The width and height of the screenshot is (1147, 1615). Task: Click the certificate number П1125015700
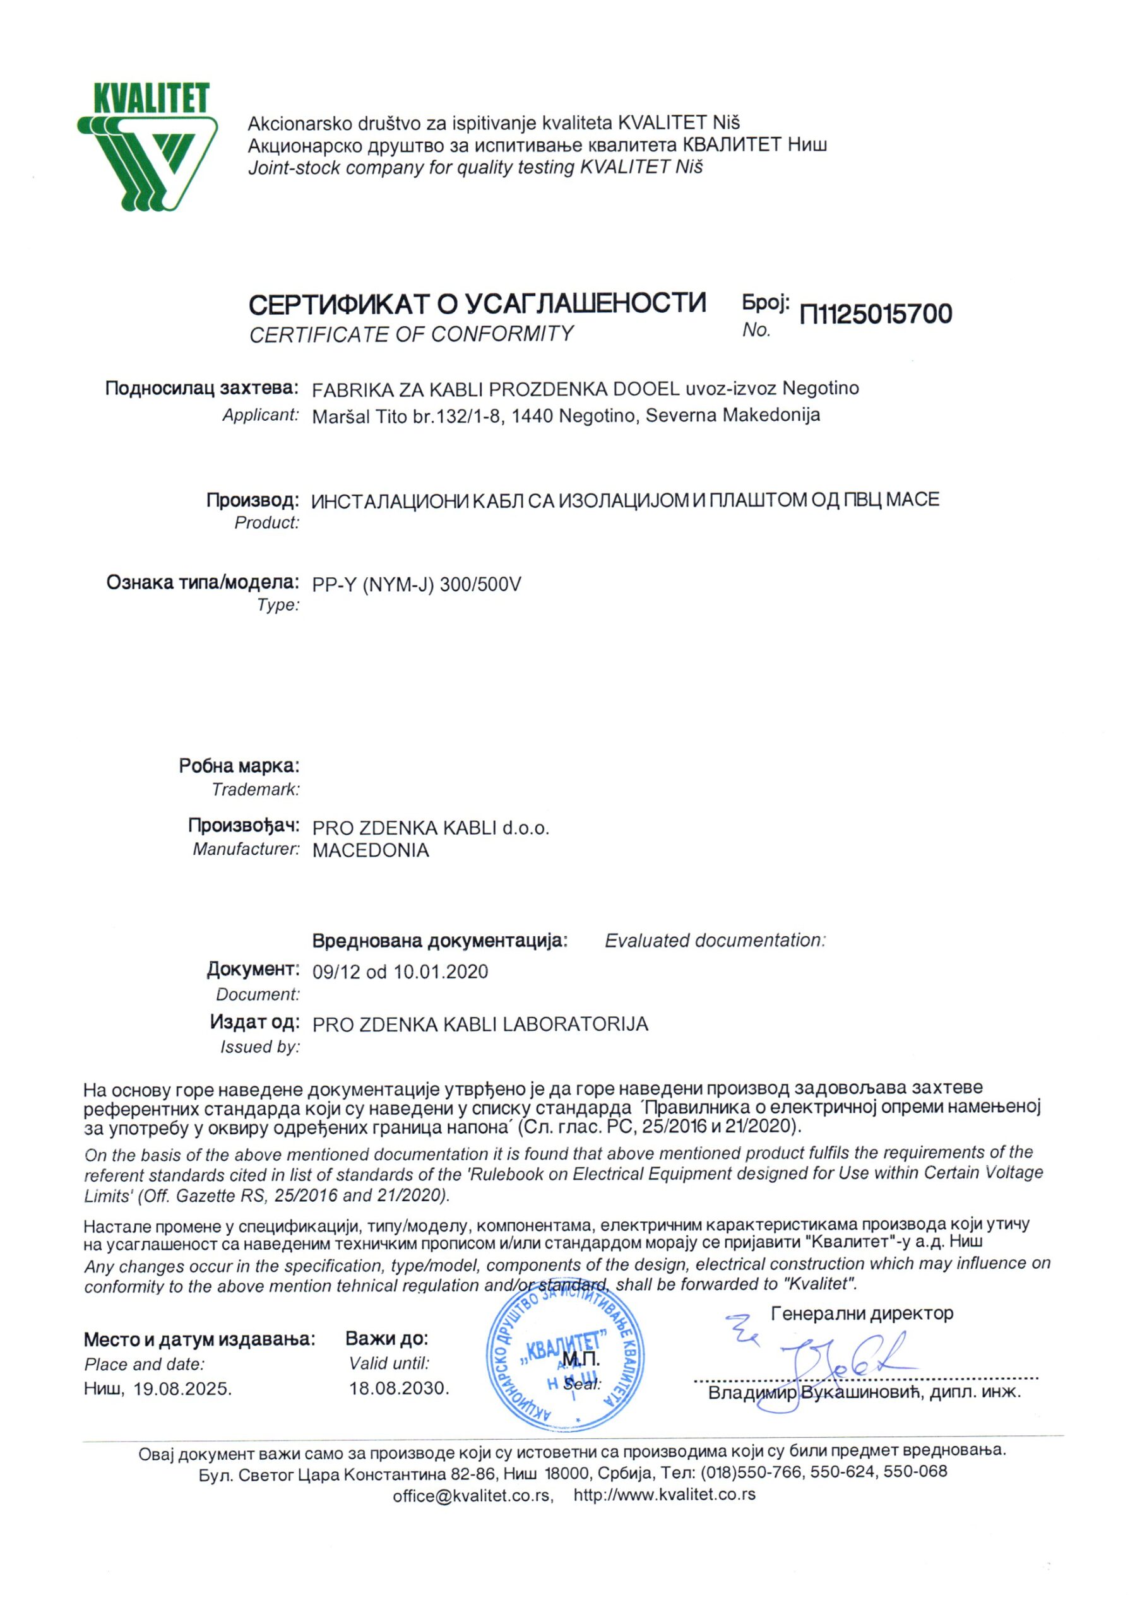(x=875, y=314)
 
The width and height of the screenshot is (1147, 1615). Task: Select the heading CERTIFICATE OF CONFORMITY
(x=411, y=334)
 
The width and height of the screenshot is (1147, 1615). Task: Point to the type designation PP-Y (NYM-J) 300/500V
(x=417, y=585)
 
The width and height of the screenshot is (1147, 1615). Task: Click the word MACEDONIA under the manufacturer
(x=371, y=850)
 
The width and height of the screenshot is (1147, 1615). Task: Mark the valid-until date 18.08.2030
(x=399, y=1389)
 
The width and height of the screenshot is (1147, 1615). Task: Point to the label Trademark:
(x=256, y=790)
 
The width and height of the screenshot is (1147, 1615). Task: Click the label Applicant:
(x=261, y=415)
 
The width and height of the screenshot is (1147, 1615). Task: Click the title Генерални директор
(x=862, y=1313)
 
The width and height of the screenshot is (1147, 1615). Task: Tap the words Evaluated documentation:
(x=715, y=941)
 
